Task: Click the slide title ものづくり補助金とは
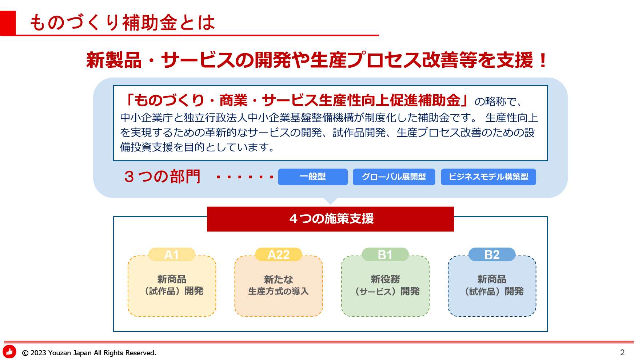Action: coord(122,23)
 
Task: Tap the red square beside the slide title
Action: coord(8,23)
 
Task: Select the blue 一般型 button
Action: coord(313,177)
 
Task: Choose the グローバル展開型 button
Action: coord(394,177)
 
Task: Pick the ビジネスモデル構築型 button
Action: coord(489,177)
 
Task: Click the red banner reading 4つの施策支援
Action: coord(330,219)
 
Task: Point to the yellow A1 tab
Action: coord(172,254)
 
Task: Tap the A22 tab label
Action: coord(279,254)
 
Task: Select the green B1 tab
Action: coord(385,254)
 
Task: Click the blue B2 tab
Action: coord(492,254)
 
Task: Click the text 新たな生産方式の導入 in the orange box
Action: coord(279,285)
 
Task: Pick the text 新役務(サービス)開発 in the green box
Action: coord(386,285)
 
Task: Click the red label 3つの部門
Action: coord(162,177)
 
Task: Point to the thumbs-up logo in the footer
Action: coord(9,352)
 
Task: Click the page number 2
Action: coord(622,352)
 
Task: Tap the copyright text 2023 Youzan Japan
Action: coord(61,353)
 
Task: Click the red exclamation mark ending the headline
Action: coord(543,60)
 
